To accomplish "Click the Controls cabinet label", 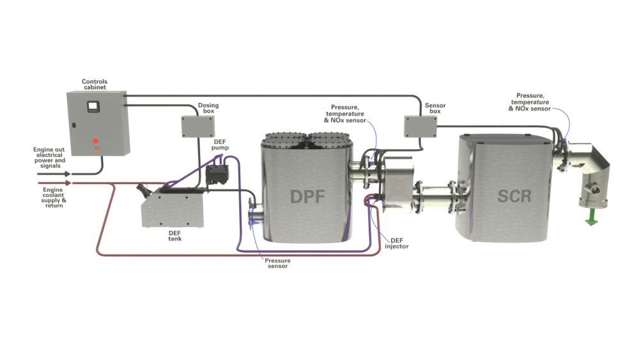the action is pos(95,84).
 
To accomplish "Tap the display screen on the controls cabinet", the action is pos(93,106).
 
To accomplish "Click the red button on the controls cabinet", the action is pos(95,141).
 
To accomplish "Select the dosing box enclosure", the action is pos(197,127).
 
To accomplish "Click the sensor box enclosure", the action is pos(420,127).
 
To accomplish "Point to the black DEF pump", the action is pos(217,173).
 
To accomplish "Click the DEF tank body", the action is pos(173,208).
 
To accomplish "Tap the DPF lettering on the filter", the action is pos(308,196).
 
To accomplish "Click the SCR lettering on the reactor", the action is pos(514,196).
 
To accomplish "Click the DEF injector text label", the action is pos(397,244).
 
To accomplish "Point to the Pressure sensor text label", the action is pos(277,263).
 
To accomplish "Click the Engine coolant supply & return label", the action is pos(54,198).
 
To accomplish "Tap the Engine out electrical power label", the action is pos(49,158).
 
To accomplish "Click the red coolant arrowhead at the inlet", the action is pos(68,183).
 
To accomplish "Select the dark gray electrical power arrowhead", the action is pos(68,174).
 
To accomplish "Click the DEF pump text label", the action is pos(220,145).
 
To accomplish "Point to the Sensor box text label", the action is pos(435,108).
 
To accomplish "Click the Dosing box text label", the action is pos(208,108).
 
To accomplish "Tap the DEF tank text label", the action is pos(175,236).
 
